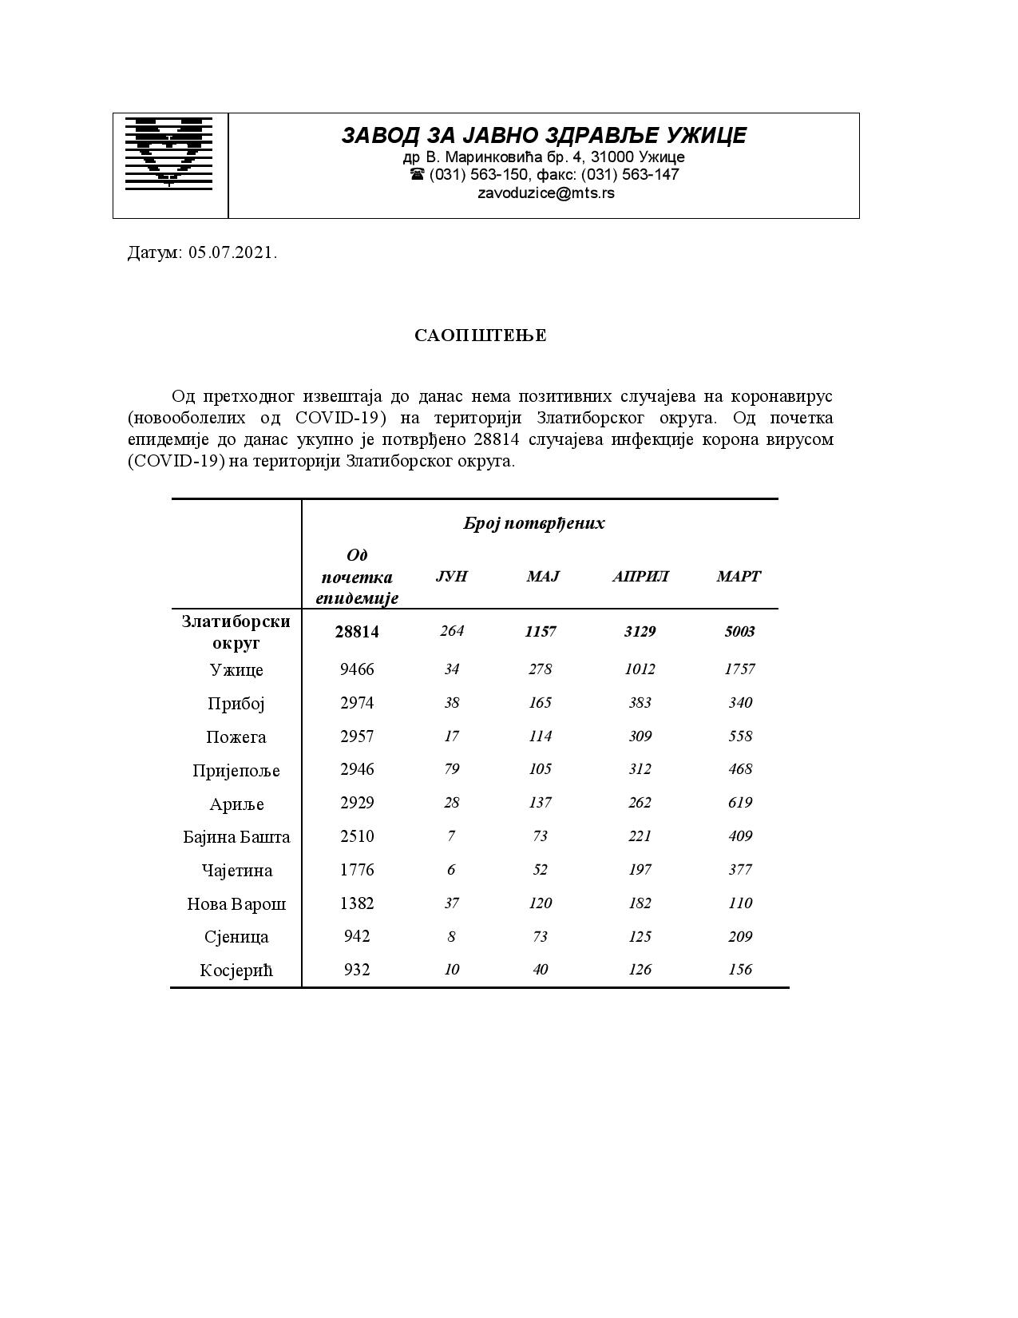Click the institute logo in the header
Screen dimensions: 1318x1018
(169, 153)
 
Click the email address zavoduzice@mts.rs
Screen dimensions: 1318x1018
(546, 193)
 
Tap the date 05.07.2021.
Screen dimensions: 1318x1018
(233, 253)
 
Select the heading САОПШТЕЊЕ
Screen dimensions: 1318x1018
(481, 335)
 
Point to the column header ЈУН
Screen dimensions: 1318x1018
(452, 576)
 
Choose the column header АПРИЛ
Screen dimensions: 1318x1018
(640, 576)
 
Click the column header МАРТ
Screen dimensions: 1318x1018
(739, 576)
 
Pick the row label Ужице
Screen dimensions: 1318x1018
(236, 669)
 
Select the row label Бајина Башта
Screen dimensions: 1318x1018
(236, 837)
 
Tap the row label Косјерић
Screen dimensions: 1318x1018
(236, 971)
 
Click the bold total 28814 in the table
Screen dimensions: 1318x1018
(357, 632)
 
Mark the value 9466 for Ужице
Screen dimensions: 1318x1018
(357, 669)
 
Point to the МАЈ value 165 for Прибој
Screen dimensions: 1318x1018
(541, 703)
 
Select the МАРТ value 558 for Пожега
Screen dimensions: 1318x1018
(740, 736)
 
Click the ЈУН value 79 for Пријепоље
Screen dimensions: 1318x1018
(452, 769)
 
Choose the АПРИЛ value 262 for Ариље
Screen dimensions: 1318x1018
(640, 803)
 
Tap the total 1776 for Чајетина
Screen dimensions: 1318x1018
(357, 870)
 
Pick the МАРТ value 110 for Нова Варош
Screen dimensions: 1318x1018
(740, 903)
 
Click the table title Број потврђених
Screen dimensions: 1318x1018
(534, 523)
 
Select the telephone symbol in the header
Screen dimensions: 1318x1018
(417, 174)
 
